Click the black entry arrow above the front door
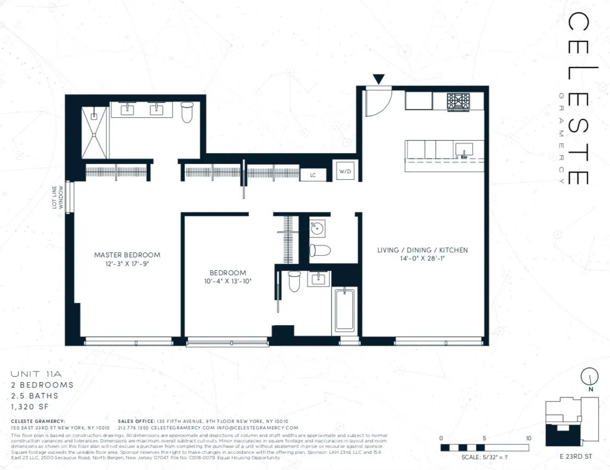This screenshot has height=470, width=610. click(x=379, y=79)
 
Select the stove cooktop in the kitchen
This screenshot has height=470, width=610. click(x=458, y=101)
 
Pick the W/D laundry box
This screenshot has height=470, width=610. click(x=345, y=172)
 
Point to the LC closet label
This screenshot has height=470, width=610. click(x=313, y=175)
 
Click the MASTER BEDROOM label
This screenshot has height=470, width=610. click(x=127, y=255)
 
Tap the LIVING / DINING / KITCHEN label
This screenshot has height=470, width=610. click(x=422, y=250)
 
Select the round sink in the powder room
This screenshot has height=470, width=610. click(x=317, y=228)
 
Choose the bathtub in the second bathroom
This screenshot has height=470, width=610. click(x=344, y=310)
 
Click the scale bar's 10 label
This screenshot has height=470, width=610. click(x=528, y=438)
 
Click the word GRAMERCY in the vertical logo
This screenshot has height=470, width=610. click(x=561, y=138)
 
